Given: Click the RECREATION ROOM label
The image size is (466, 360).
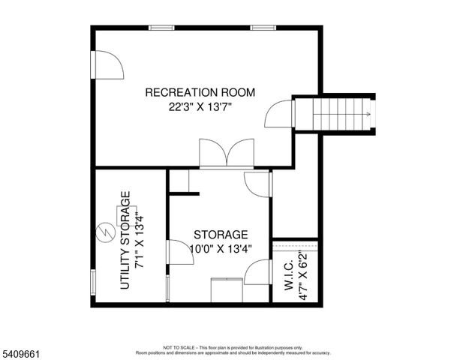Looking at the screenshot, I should [x=200, y=93].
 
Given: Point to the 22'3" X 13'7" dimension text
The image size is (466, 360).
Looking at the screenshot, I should [x=200, y=106].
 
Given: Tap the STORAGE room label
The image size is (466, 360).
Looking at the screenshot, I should [x=220, y=235].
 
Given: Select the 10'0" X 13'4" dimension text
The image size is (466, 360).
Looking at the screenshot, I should [x=220, y=248].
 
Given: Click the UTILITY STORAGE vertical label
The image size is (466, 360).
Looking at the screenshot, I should [x=125, y=240].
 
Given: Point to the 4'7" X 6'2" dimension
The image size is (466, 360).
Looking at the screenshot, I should [x=303, y=276].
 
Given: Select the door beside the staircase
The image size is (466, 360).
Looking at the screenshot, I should [x=279, y=115].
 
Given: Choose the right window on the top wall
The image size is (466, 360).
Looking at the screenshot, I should [x=262, y=28].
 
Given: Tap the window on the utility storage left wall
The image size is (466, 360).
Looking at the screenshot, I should [x=92, y=283].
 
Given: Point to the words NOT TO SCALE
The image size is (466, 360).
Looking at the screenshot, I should [x=179, y=348].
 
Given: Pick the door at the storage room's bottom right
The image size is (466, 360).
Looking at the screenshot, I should [x=258, y=272].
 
